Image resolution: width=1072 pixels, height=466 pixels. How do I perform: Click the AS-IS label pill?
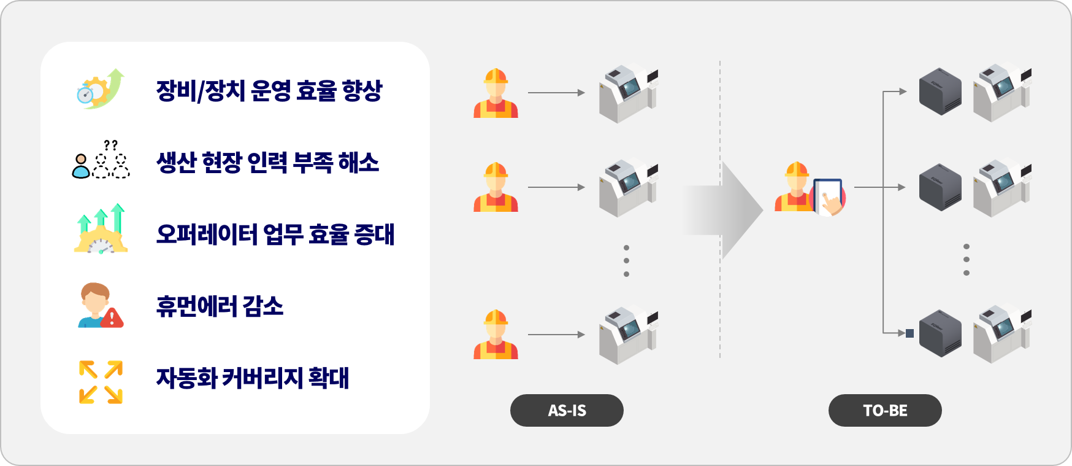click(567, 410)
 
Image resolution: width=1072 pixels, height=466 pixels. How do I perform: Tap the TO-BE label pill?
click(885, 410)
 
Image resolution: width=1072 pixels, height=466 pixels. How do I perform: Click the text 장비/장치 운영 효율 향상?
click(269, 91)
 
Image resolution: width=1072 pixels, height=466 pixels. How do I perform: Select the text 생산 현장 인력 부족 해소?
click(267, 163)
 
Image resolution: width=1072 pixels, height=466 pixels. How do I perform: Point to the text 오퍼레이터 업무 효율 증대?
click(275, 235)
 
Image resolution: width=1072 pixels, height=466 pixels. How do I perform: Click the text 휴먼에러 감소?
click(220, 306)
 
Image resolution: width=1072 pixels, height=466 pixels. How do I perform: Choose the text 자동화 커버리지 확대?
click(253, 378)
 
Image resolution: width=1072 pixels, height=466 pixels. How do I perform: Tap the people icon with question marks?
click(101, 161)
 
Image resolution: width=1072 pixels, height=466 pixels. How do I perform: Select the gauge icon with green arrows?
click(101, 230)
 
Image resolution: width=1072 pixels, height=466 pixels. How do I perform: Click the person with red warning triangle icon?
click(100, 305)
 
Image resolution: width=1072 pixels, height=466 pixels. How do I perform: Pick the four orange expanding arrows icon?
click(101, 382)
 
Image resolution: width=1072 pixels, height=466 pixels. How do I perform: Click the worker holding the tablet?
click(810, 189)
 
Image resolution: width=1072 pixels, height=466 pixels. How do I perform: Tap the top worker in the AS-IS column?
click(496, 93)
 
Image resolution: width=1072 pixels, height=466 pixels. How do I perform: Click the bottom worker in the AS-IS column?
click(496, 335)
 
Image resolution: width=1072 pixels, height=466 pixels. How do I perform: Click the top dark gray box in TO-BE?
click(940, 91)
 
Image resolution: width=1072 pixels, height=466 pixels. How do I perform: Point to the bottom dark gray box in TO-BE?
click(940, 333)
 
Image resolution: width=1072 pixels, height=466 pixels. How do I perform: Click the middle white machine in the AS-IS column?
click(627, 188)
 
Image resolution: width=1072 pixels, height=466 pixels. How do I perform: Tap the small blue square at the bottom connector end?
click(909, 333)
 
